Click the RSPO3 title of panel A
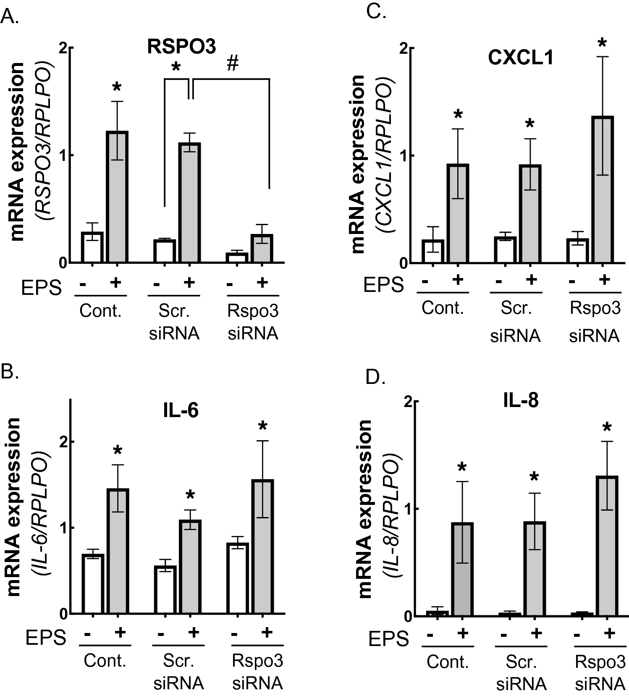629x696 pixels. [181, 47]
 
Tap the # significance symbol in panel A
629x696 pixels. [232, 64]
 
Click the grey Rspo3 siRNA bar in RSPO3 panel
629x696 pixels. [262, 248]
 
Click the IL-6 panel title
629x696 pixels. [181, 410]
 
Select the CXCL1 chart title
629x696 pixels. [521, 58]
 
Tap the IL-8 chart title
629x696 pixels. [521, 401]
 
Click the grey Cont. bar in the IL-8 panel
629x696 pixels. [462, 569]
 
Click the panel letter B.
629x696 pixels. [10, 372]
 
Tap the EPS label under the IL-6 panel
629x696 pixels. [46, 638]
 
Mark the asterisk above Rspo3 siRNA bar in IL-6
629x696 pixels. [263, 427]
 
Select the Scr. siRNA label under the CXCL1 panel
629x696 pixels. [516, 323]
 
